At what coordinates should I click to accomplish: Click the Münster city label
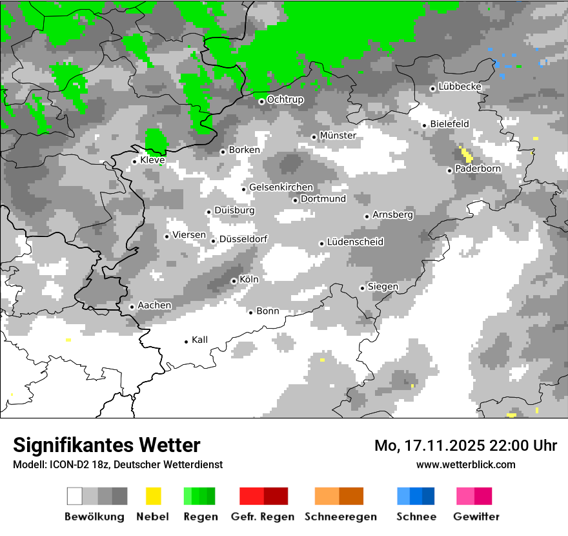338,136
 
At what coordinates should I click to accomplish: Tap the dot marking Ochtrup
261,101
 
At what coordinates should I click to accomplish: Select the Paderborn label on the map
478,169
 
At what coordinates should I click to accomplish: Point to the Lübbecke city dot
432,88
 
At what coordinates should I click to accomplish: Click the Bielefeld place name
449,123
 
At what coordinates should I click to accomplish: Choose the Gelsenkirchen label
281,187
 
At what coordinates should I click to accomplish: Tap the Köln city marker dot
234,281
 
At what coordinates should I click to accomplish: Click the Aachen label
154,305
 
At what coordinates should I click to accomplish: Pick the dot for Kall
186,341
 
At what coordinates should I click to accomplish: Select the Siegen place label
383,287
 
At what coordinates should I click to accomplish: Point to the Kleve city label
152,160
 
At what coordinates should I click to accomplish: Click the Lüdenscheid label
355,242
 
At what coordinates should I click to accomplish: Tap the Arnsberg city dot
367,216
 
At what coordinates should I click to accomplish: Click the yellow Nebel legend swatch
153,496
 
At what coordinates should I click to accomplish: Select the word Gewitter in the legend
476,517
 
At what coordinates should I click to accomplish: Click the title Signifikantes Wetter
107,445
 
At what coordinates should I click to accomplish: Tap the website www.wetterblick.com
465,464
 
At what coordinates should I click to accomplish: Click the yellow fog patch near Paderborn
466,154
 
